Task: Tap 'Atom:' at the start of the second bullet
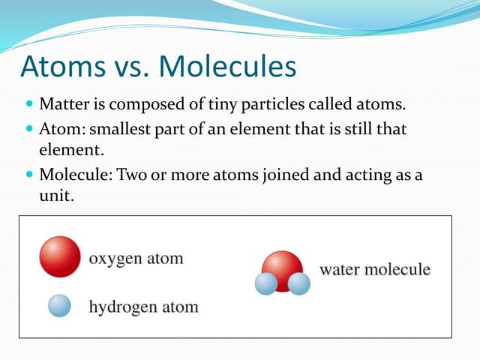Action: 61,129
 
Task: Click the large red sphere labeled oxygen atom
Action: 60,256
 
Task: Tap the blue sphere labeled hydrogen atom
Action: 59,305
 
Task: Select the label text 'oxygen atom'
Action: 136,259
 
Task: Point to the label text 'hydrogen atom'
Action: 143,306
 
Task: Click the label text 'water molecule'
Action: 375,268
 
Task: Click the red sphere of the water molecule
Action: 283,266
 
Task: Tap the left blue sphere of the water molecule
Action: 266,283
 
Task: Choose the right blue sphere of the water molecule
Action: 299,283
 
